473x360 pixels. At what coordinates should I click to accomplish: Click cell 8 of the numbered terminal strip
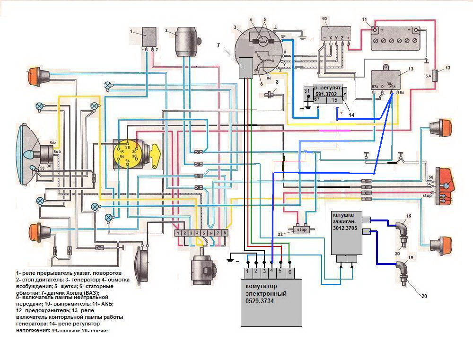[x=225, y=233]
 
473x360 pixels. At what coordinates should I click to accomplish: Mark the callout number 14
[x=351, y=114]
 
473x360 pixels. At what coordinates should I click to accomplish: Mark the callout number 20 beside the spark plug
[x=424, y=296]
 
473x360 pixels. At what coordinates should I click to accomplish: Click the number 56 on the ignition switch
[x=127, y=161]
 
